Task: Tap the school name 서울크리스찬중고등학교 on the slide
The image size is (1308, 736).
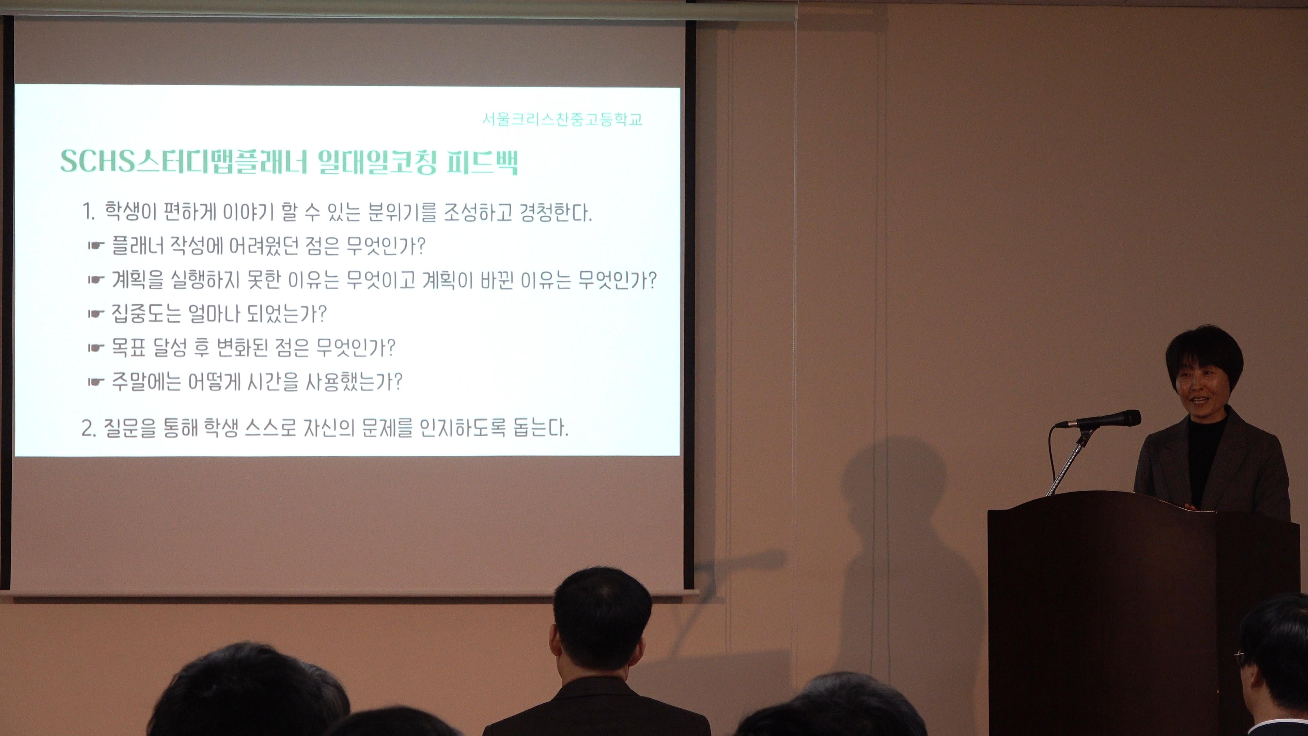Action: [562, 119]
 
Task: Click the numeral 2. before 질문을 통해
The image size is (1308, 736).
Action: [88, 429]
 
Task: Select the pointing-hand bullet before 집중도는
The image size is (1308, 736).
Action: [96, 314]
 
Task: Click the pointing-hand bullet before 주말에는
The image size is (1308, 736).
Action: [96, 382]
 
